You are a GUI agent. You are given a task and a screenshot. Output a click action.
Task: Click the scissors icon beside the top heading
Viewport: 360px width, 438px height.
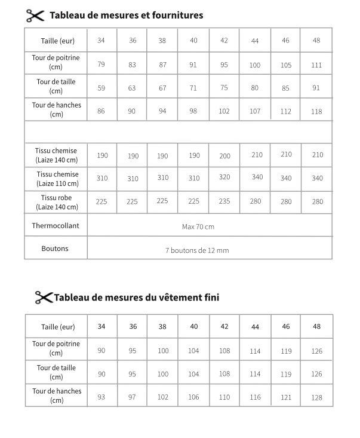point(35,16)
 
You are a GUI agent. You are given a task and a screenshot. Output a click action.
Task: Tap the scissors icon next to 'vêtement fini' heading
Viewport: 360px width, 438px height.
point(44,297)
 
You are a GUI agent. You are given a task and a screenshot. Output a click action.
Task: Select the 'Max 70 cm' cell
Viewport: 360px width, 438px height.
point(198,226)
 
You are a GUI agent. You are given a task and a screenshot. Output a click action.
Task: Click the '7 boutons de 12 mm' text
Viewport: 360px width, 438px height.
point(196,250)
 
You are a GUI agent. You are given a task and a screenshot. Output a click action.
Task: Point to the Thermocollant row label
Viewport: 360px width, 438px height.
point(56,226)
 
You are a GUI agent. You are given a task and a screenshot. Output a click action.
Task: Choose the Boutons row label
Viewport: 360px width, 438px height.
point(56,249)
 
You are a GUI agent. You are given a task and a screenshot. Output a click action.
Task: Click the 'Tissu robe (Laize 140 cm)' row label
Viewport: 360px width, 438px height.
point(56,202)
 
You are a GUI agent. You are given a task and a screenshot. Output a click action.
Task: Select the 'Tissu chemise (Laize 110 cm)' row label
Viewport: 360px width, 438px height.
point(56,179)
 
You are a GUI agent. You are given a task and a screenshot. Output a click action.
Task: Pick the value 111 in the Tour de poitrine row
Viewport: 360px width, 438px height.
point(316,65)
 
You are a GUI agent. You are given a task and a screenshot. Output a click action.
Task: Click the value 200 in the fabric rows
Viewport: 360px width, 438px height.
point(224,156)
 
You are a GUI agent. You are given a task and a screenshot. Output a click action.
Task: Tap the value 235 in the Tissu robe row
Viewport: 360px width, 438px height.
point(224,201)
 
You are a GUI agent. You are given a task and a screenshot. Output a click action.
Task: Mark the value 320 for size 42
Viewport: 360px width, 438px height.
point(224,177)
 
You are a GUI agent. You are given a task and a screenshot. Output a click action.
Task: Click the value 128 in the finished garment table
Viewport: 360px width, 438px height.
point(316,397)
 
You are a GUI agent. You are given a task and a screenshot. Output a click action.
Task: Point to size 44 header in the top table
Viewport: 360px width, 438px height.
point(255,41)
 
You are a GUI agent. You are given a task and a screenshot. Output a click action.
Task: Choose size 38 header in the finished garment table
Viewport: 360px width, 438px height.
point(162,327)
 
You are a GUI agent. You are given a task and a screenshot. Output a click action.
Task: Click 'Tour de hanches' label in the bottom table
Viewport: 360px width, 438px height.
point(56,396)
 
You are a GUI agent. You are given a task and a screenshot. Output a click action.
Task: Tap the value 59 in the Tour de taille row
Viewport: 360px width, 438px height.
point(101,88)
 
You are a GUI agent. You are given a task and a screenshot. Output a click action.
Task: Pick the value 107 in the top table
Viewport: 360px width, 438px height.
point(255,111)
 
